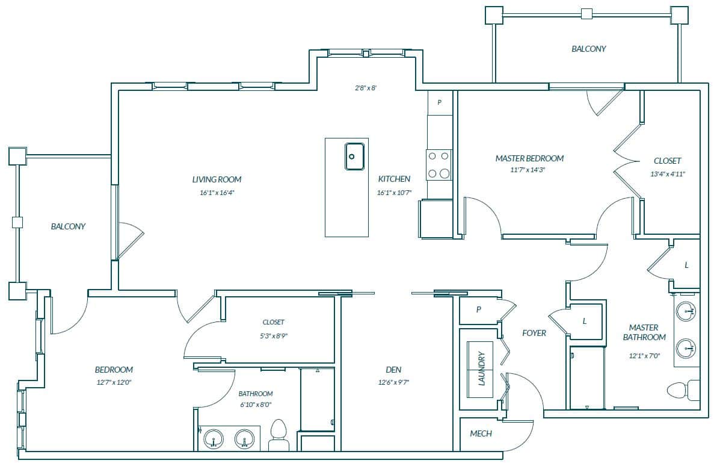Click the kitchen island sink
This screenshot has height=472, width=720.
[x=354, y=157]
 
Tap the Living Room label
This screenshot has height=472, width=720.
[x=217, y=179]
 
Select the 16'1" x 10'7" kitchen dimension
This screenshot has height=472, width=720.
[x=394, y=193]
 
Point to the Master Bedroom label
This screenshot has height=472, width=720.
[x=529, y=158]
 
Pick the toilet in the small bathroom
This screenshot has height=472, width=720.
[x=278, y=435]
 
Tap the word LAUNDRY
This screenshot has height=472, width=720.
[x=482, y=369]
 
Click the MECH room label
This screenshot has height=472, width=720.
[x=481, y=433]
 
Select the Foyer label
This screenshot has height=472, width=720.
[x=534, y=333]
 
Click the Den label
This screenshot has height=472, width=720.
[x=393, y=370]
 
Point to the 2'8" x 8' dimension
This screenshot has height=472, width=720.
[x=366, y=88]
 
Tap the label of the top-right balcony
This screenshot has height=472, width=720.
[x=589, y=49]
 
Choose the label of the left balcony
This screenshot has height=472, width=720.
[x=68, y=226]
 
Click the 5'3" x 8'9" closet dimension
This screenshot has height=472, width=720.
[x=274, y=336]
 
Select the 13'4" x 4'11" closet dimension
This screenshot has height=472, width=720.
[x=668, y=174]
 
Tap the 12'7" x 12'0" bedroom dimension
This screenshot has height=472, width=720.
[x=114, y=382]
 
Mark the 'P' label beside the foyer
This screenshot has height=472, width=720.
[x=478, y=310]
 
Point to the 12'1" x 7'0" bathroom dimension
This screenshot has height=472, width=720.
[x=644, y=355]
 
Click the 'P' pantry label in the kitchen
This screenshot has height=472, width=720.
[x=440, y=102]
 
